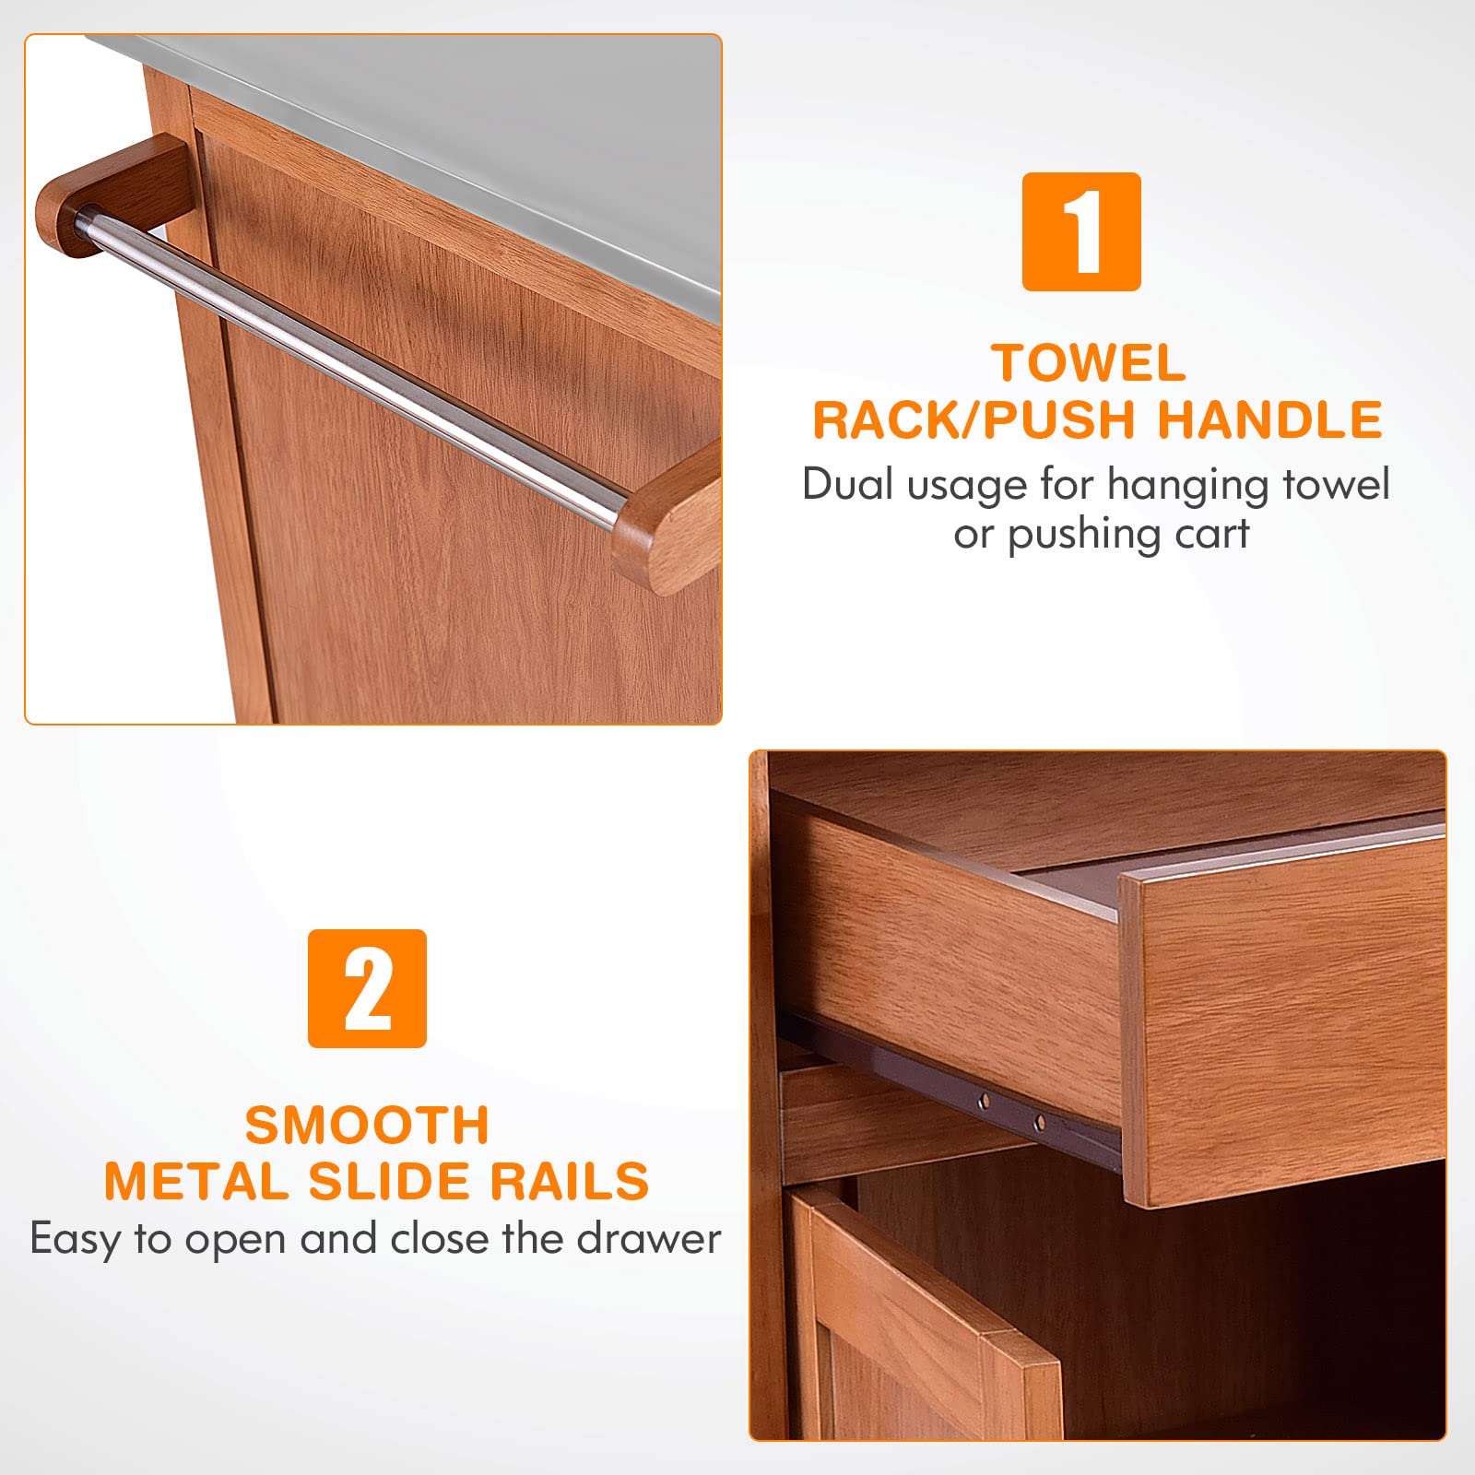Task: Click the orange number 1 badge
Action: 1081,231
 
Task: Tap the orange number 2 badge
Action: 367,988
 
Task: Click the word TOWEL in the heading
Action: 1089,363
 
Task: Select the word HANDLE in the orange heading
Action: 1269,419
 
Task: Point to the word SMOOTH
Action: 367,1125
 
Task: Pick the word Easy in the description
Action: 77,1239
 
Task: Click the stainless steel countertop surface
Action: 442,147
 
